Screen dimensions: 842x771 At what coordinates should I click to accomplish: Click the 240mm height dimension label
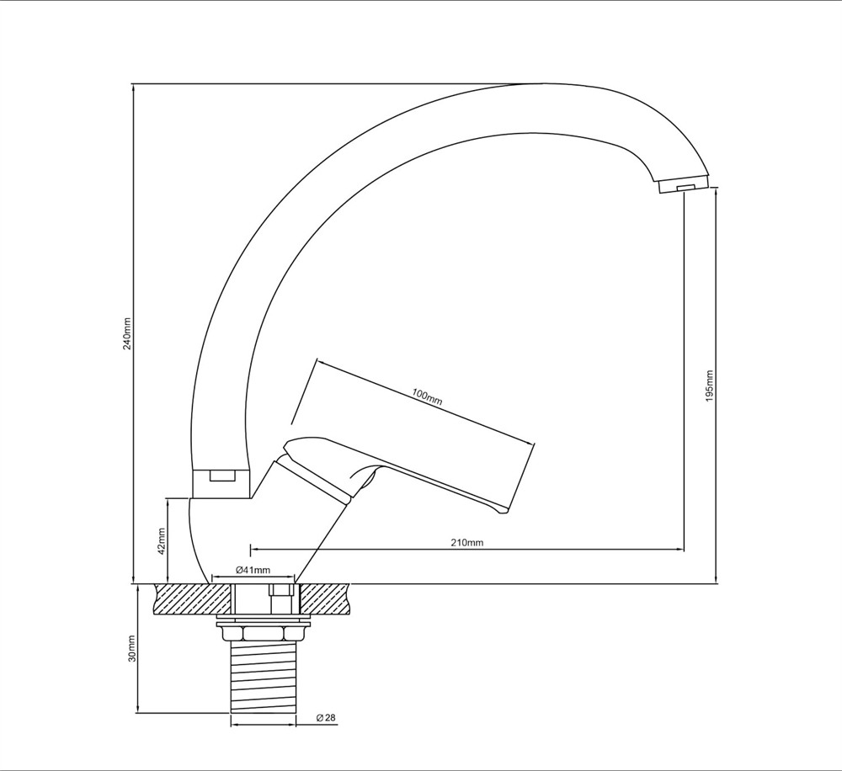pos(127,332)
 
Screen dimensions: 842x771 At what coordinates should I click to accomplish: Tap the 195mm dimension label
pos(709,386)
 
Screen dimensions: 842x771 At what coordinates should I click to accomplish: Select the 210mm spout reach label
pos(466,542)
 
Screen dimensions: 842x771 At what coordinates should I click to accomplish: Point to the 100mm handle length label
pos(427,397)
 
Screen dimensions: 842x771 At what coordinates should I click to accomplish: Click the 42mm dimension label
pos(163,542)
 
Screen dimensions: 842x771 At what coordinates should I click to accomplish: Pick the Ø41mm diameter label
pos(253,570)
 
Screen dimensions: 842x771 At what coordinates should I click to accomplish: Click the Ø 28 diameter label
pos(326,717)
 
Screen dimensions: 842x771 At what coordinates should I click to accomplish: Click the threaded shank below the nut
pos(263,677)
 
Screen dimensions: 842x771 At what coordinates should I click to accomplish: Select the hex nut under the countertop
pos(263,634)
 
